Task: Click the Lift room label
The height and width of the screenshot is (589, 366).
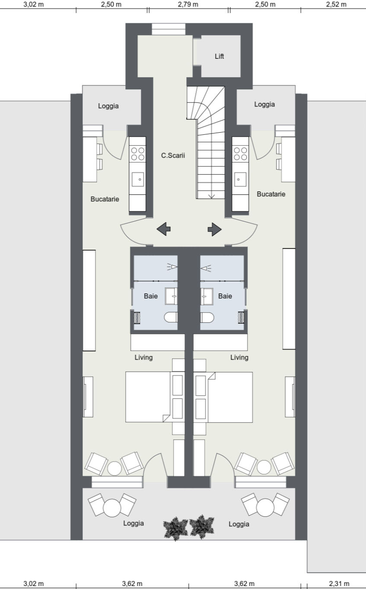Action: [220, 56]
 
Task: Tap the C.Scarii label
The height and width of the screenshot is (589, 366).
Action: [173, 156]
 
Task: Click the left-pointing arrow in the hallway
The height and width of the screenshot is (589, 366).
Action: [163, 229]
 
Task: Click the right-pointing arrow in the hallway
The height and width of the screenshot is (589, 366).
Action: [215, 229]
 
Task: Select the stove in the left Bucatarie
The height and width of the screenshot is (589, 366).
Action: [138, 153]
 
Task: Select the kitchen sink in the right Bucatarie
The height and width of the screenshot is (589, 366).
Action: [240, 179]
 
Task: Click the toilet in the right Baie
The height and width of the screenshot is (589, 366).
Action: [207, 318]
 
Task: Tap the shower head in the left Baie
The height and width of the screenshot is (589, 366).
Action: [172, 267]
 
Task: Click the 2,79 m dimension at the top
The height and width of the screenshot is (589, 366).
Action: [188, 4]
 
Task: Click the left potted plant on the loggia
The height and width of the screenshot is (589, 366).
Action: [175, 527]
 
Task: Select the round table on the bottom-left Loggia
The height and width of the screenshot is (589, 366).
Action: [112, 508]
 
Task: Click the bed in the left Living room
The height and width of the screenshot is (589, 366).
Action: [147, 397]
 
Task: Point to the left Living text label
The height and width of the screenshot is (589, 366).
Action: [143, 357]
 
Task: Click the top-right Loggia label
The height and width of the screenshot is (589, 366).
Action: [264, 104]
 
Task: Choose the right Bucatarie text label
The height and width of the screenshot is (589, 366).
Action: [271, 194]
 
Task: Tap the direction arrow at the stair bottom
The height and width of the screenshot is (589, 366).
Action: [211, 195]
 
